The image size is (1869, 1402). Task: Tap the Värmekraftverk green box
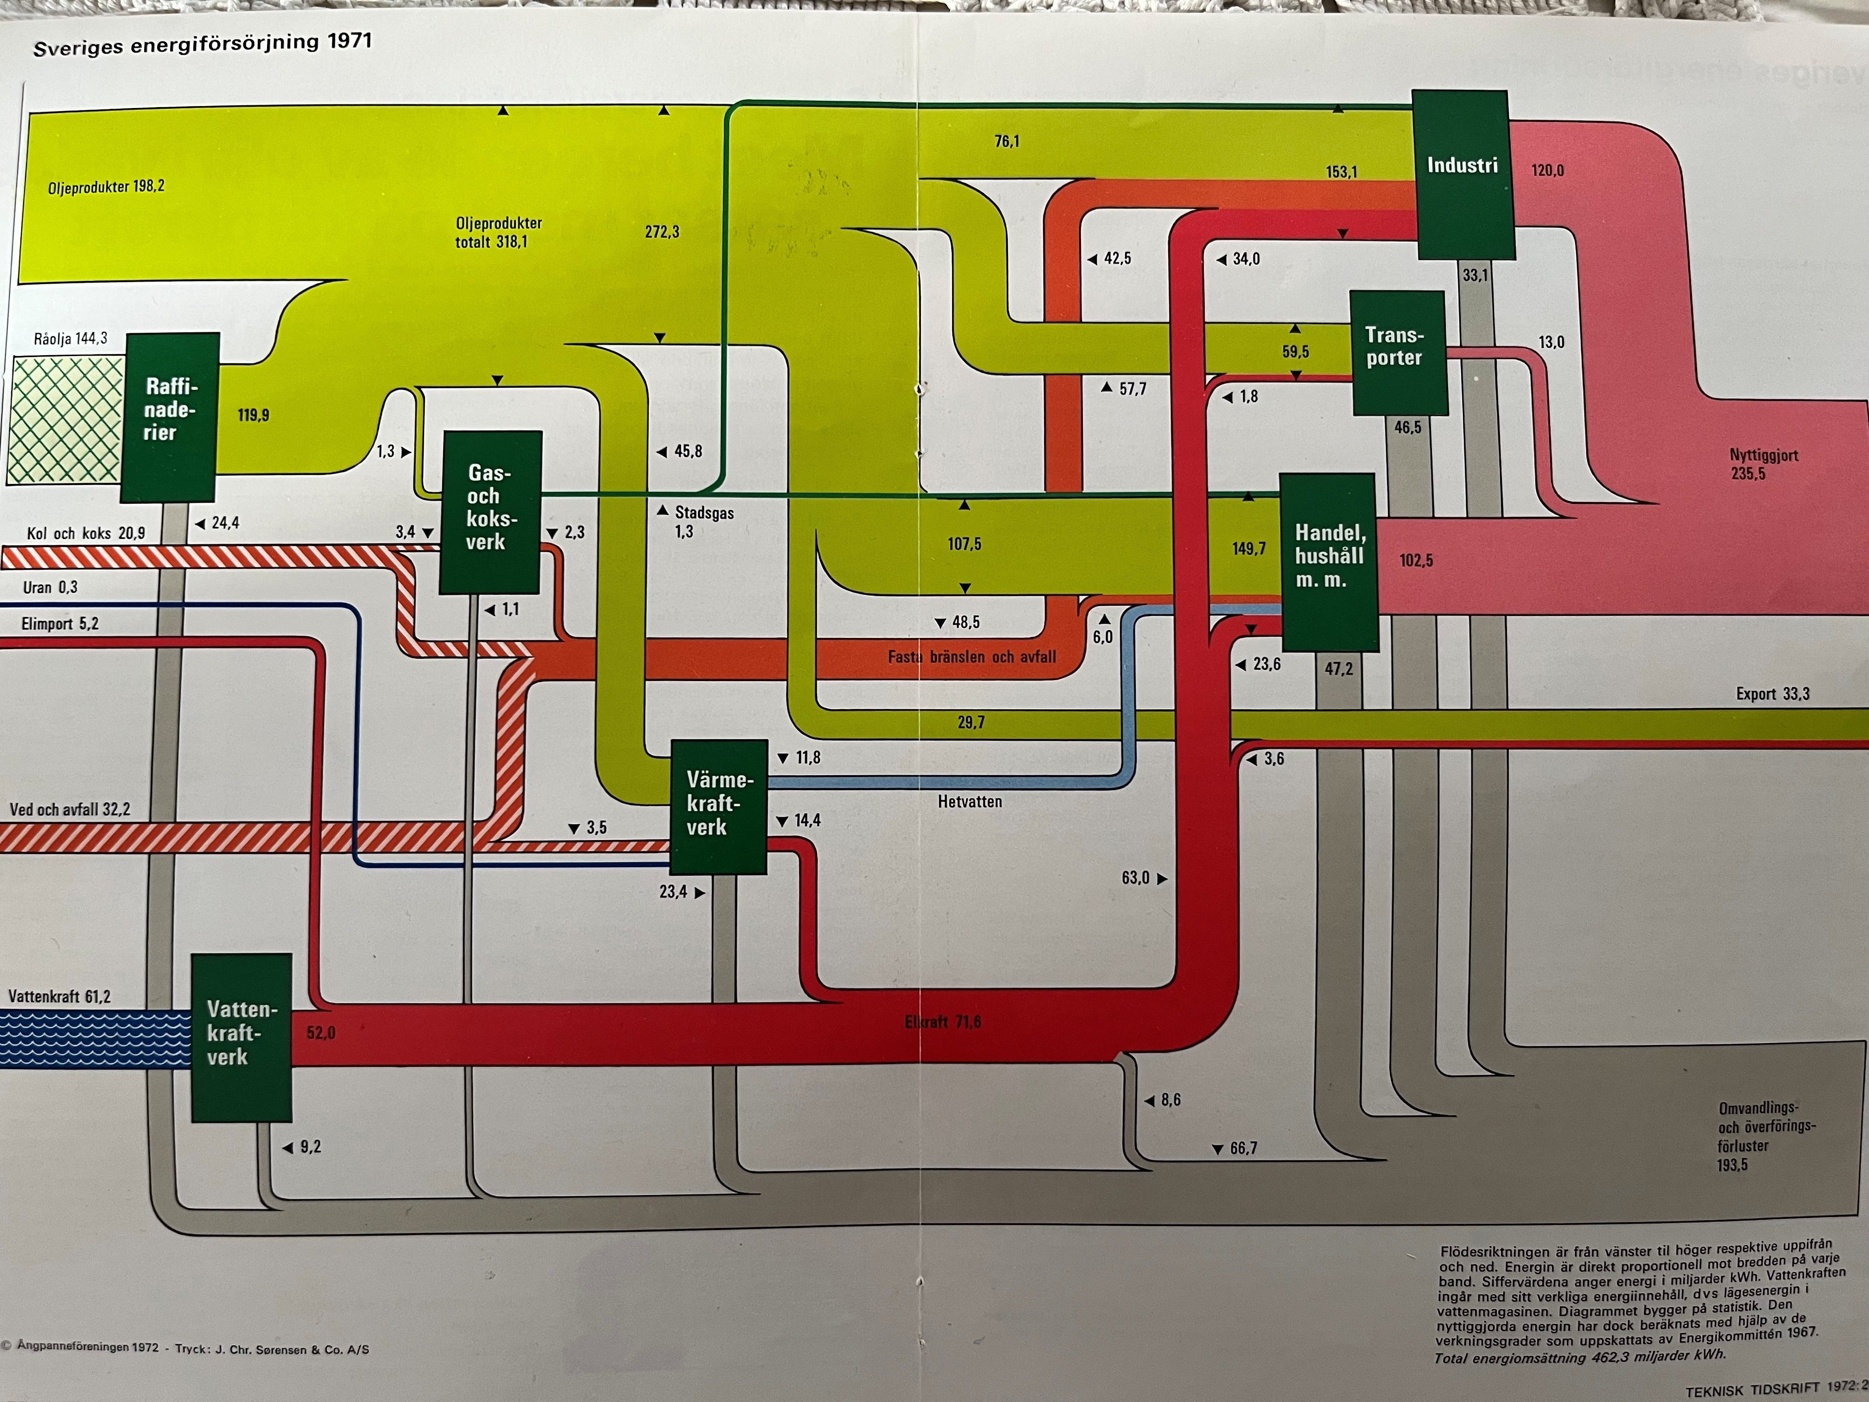[x=718, y=805]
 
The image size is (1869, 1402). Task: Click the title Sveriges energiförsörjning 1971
[x=202, y=44]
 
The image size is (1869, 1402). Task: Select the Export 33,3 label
[x=1773, y=694]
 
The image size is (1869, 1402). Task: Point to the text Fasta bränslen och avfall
[x=972, y=656]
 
